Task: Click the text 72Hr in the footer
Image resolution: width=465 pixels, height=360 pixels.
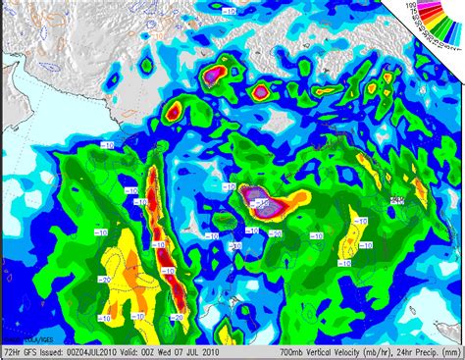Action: pos(11,350)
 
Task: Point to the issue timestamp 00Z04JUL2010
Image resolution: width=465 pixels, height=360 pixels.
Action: pos(105,350)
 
